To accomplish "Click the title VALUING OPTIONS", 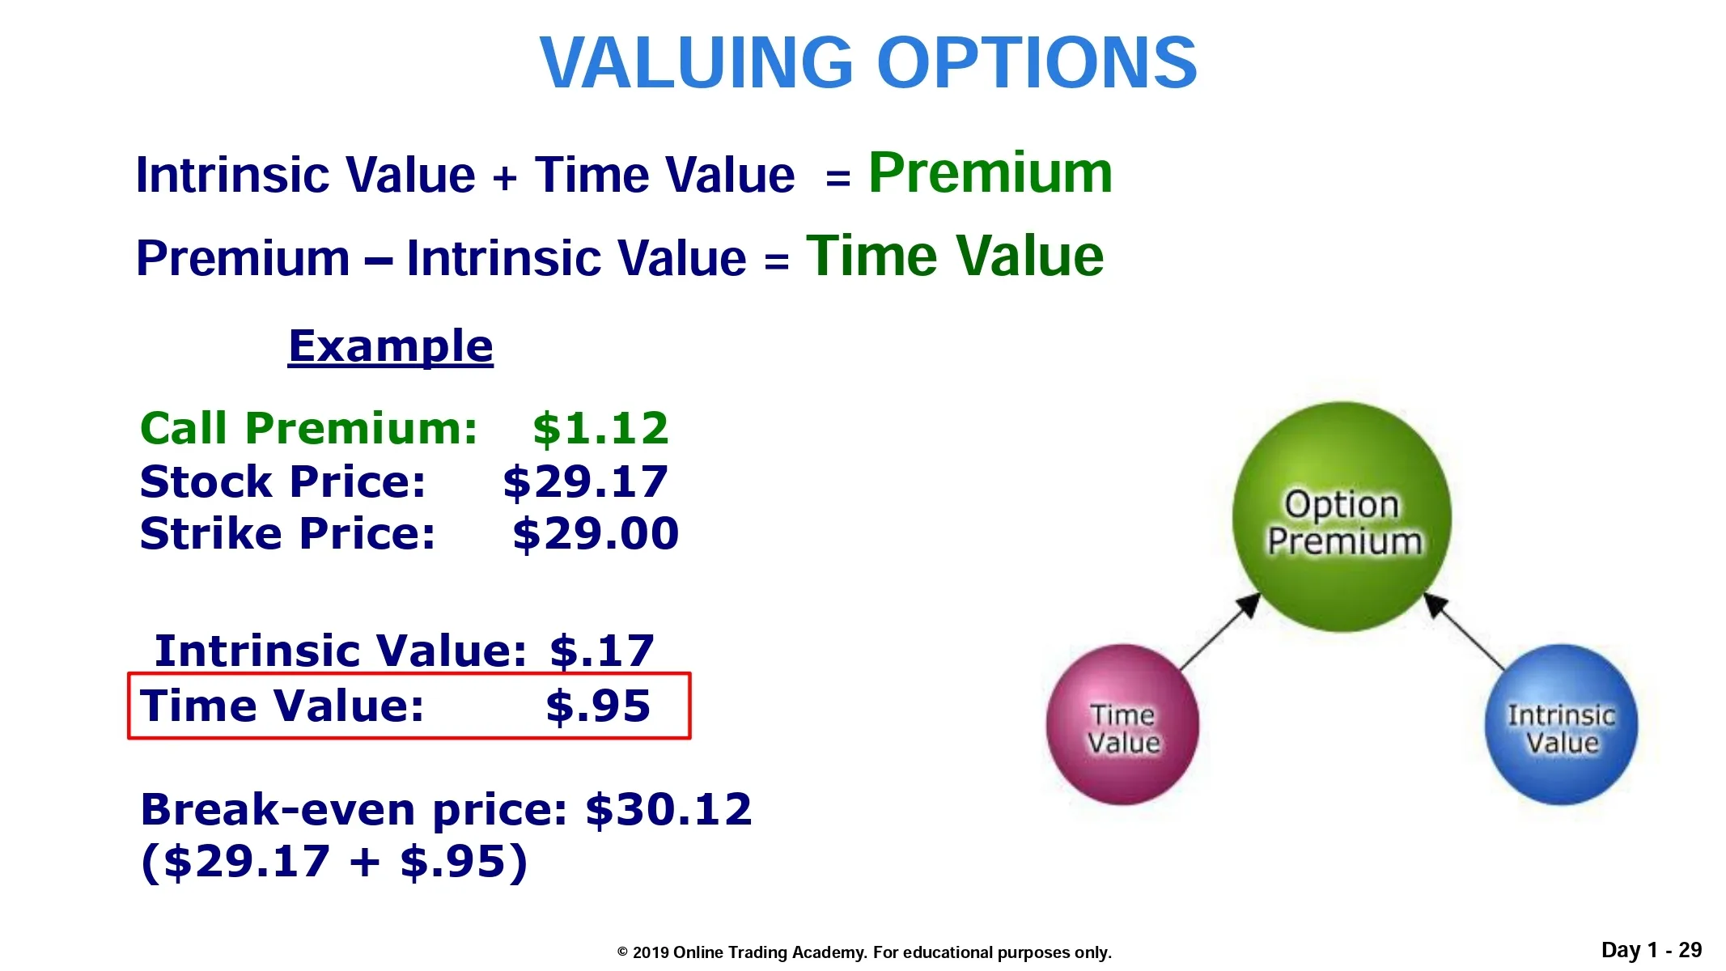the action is click(x=868, y=62).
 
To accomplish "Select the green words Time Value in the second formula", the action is click(x=955, y=256).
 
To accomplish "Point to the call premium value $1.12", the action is click(x=600, y=428).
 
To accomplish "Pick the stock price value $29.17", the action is click(x=585, y=482).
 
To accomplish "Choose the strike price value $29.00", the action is click(x=596, y=534).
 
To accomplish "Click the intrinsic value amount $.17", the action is click(x=601, y=651).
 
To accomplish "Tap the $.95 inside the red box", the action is click(x=598, y=706).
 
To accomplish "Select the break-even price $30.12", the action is click(x=668, y=809).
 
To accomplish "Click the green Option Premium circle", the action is click(x=1342, y=516).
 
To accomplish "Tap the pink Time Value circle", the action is click(x=1122, y=724).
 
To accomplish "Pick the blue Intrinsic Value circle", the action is click(x=1561, y=724).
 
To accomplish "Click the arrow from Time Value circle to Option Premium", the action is click(x=1220, y=632).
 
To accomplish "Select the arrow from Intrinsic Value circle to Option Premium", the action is click(x=1464, y=632).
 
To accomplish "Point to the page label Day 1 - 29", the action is click(x=1652, y=950).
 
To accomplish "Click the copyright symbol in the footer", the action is click(x=622, y=952).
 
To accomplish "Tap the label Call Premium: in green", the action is click(x=308, y=428).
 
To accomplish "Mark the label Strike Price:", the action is click(x=287, y=534).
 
